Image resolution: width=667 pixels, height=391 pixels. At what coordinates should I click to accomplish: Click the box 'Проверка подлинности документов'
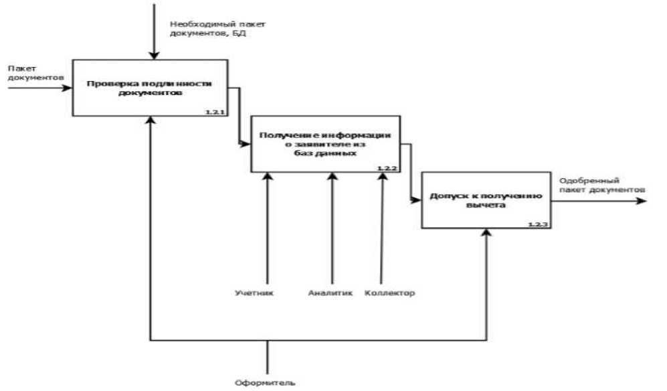(x=150, y=87)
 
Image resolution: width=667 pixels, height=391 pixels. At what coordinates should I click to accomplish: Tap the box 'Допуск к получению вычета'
(x=486, y=200)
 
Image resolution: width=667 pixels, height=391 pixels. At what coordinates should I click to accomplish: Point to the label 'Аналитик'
(x=330, y=293)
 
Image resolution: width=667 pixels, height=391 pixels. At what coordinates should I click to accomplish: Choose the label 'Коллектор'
(x=390, y=293)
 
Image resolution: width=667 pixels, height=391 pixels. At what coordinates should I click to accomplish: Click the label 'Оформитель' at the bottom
(x=265, y=384)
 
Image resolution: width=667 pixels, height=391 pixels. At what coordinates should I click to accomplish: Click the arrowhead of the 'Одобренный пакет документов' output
(x=643, y=200)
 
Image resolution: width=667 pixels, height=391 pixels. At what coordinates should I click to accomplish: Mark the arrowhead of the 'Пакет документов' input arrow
(x=68, y=87)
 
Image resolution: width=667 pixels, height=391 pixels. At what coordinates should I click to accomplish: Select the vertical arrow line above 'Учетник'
(x=267, y=228)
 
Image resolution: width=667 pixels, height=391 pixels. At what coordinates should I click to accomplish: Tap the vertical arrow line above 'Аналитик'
(x=331, y=228)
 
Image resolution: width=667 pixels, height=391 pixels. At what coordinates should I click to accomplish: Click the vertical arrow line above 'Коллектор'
(x=381, y=228)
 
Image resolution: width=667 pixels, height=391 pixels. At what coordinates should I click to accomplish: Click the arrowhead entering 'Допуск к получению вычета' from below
(x=487, y=233)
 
